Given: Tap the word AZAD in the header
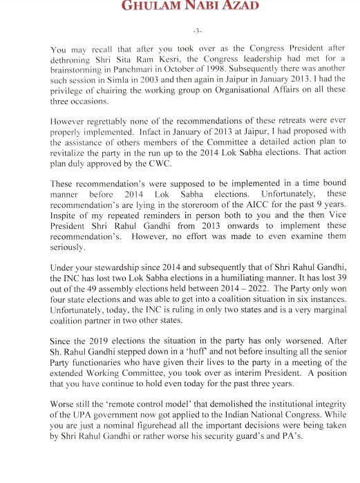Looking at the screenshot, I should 220,7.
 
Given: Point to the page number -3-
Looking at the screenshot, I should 180,32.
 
